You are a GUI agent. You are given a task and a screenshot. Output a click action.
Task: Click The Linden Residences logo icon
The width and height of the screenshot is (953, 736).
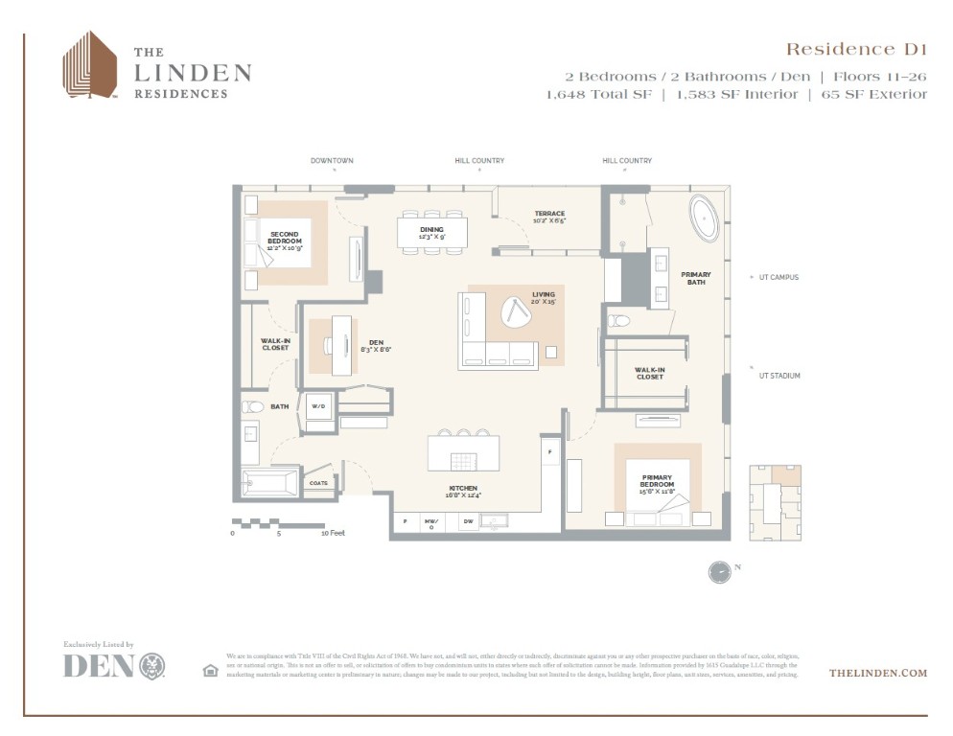90,64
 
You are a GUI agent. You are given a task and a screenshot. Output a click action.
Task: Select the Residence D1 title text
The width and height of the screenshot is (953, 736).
856,49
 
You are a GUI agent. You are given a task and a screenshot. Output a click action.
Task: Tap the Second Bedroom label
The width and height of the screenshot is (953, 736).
284,240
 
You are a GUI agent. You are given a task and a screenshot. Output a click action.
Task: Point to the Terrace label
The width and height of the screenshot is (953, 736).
549,217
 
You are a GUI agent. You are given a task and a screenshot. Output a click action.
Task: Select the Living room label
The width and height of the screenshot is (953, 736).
544,297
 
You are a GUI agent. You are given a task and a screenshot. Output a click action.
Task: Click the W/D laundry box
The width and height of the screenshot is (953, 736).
317,406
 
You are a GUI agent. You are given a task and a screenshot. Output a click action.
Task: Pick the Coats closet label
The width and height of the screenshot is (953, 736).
317,483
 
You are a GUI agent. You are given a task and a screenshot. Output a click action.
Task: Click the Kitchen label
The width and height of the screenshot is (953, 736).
462,491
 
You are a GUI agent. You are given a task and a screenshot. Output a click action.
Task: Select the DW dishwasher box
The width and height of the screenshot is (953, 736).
468,522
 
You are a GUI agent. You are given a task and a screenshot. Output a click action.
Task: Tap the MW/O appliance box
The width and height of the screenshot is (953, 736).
432,523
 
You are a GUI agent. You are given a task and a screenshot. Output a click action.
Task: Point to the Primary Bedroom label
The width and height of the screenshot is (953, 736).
657,481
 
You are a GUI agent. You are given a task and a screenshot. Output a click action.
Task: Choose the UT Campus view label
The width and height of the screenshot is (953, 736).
778,277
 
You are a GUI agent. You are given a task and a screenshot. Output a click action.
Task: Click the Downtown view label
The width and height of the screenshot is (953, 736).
332,161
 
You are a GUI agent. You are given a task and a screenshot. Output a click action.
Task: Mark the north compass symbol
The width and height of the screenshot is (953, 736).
719,571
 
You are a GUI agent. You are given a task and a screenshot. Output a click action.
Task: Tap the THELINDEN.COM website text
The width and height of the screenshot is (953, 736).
877,673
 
